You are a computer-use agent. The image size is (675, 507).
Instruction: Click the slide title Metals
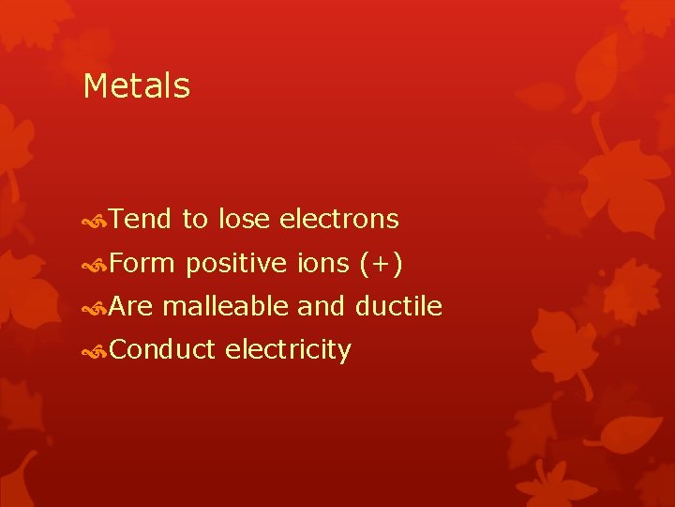[136, 86]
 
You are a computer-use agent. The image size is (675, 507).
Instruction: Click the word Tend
[140, 220]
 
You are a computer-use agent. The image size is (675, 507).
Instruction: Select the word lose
[244, 220]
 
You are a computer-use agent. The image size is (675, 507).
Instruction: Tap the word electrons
[338, 220]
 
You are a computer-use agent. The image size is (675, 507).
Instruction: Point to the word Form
[142, 264]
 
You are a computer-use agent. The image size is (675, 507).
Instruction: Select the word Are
[131, 307]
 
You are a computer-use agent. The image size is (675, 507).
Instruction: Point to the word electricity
[288, 350]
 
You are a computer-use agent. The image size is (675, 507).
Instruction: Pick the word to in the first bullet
[194, 220]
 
